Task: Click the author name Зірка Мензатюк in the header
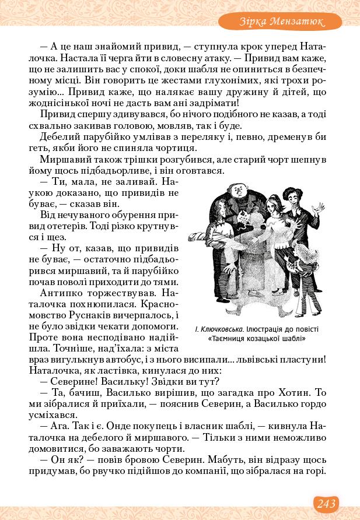pyautogui.click(x=281, y=22)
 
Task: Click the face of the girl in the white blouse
pyautogui.click(x=272, y=205)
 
